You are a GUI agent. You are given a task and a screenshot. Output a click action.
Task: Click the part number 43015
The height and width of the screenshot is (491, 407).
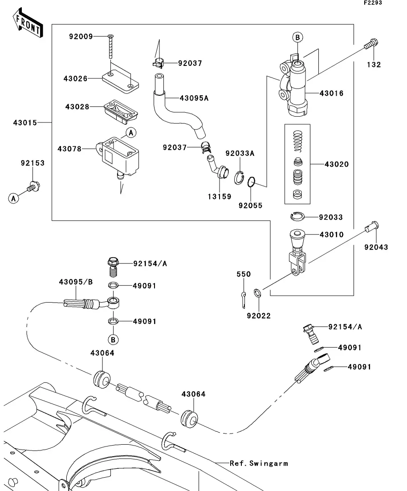tap(25, 123)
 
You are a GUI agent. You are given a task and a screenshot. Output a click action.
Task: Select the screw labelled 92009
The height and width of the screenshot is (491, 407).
tap(110, 46)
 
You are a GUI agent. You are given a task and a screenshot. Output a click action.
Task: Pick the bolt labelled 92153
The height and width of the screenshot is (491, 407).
tap(33, 187)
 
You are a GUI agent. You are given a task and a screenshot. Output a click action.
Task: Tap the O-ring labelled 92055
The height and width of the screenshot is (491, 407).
tap(252, 182)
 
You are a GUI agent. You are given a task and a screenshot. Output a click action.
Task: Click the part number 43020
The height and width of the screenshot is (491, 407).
tap(337, 164)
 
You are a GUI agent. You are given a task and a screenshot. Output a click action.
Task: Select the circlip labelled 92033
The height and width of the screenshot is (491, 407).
tap(297, 216)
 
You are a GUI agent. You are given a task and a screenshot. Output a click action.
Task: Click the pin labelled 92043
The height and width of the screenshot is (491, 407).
tap(372, 227)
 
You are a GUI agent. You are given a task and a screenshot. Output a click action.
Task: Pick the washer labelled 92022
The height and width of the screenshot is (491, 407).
tap(257, 293)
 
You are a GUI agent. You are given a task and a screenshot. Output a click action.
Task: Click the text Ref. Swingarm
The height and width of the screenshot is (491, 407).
tap(259, 463)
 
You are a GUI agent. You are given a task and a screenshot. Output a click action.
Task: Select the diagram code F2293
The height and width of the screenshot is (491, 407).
tap(373, 3)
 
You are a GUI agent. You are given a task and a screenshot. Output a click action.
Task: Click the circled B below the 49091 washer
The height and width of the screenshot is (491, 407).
tap(113, 340)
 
